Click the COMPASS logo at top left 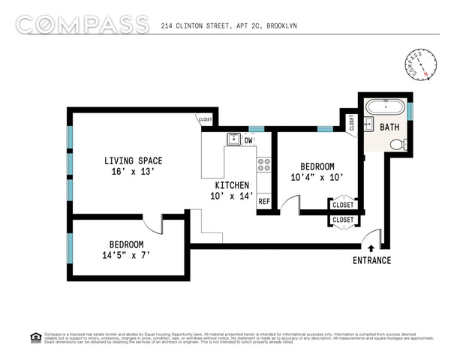[x=80, y=24]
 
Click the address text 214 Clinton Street [x=229, y=25]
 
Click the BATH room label [x=389, y=127]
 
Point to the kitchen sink [x=233, y=139]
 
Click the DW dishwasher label [x=249, y=139]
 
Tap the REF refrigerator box [x=264, y=201]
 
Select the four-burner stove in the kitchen [x=264, y=165]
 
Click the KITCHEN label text [x=232, y=185]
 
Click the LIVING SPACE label [x=133, y=160]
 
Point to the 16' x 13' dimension [x=133, y=172]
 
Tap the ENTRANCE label [x=372, y=260]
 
